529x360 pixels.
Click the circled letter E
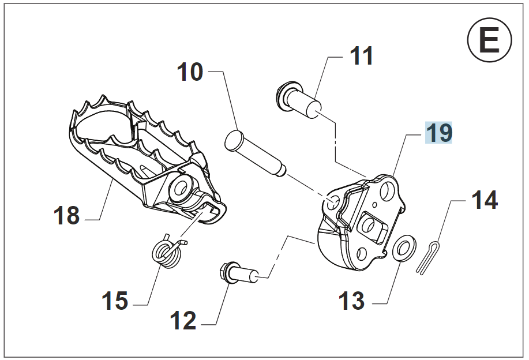click(x=489, y=41)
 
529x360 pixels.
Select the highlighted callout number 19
click(x=438, y=133)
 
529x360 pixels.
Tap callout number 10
click(x=190, y=73)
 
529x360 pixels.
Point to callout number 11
click(x=362, y=57)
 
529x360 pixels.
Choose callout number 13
click(x=352, y=301)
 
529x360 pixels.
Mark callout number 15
click(x=115, y=301)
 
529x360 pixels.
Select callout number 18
click(x=66, y=216)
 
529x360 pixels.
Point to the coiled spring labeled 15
click(x=166, y=252)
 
